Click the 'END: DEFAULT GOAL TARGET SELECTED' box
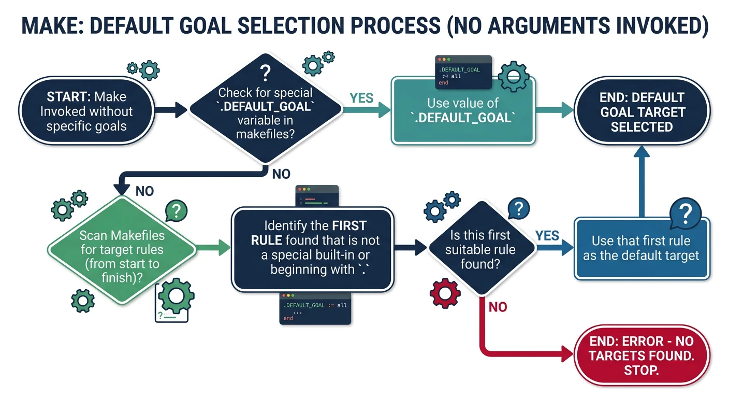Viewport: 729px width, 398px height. click(x=641, y=112)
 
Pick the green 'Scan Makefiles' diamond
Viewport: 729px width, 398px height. click(x=122, y=250)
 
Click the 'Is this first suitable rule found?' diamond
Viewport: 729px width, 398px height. click(x=481, y=250)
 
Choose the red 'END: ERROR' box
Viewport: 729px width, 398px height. click(x=641, y=356)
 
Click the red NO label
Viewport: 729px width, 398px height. click(x=498, y=307)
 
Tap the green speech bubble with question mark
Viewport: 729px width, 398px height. click(x=176, y=211)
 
